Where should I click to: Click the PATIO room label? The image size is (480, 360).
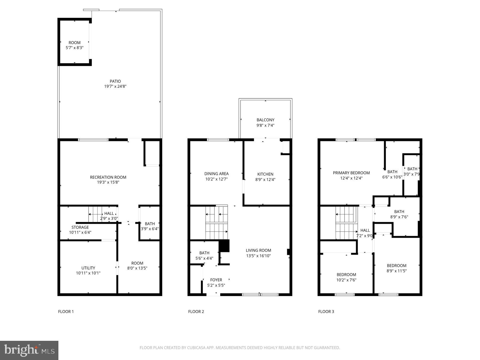[x=115, y=81]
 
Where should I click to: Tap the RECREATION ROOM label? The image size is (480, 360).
[x=108, y=177]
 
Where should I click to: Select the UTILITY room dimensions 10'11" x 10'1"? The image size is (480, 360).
[x=88, y=273]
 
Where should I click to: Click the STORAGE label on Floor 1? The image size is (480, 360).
[x=80, y=227]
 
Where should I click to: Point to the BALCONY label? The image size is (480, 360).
[x=265, y=120]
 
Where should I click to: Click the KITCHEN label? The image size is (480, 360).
[x=265, y=174]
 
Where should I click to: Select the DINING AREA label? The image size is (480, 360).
[x=216, y=174]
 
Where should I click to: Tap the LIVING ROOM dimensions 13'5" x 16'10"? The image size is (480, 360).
[x=258, y=256]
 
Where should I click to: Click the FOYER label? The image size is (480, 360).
[x=216, y=280]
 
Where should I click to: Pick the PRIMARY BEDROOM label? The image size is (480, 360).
[x=351, y=173]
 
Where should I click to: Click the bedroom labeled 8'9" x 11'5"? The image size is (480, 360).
[x=397, y=268]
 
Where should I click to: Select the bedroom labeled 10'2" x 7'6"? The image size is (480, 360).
[x=346, y=277]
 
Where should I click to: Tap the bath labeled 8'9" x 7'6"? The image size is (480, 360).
[x=399, y=214]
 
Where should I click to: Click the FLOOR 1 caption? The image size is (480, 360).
[x=66, y=311]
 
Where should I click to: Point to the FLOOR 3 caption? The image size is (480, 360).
[x=326, y=311]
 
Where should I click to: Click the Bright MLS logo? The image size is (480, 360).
[x=29, y=350]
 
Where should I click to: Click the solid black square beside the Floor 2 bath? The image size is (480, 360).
[x=224, y=246]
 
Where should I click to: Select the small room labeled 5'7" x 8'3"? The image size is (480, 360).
[x=74, y=45]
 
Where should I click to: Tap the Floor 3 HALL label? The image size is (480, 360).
[x=365, y=230]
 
